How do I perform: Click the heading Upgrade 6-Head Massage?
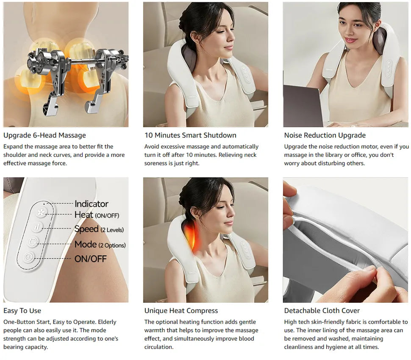44,135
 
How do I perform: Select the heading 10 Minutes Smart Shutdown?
190,135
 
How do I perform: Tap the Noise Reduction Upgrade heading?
325,135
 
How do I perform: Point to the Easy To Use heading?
22,310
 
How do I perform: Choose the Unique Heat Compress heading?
181,310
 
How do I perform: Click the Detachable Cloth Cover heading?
322,310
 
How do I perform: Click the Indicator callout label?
91,204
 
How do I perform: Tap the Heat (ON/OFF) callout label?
97,215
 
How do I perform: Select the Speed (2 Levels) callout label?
99,229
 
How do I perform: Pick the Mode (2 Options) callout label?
100,245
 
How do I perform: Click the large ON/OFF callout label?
90,259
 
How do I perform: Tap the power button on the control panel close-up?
28,257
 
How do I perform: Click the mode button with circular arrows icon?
33,242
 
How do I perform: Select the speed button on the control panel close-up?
37,227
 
